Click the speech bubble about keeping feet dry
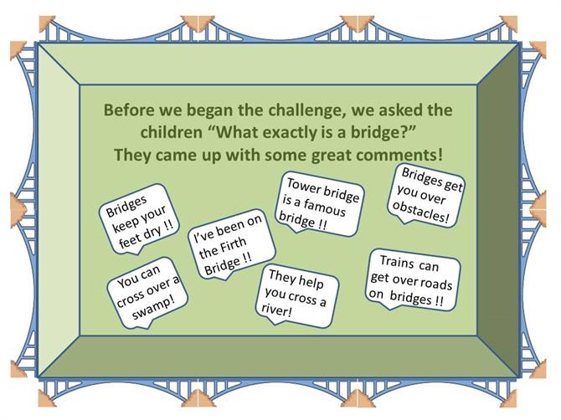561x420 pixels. tap(138, 219)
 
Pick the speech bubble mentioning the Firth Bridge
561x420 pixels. tap(231, 244)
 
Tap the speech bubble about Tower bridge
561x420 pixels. tap(320, 204)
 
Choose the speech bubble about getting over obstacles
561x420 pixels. tap(426, 196)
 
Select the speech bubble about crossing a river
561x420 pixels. tap(297, 295)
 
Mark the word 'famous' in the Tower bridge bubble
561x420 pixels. tap(325, 209)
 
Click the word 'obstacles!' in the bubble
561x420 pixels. tap(420, 213)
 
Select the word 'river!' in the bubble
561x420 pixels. tap(276, 310)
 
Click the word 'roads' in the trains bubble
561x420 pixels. tap(436, 283)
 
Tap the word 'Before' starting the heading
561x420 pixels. tap(128, 110)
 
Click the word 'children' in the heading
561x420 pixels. tap(171, 132)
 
